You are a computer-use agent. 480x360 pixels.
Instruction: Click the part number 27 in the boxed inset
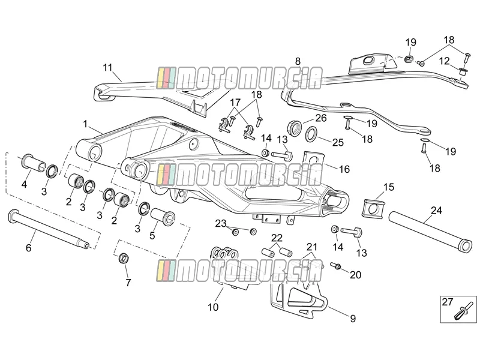447,302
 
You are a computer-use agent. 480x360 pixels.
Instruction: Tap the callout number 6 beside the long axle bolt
28,247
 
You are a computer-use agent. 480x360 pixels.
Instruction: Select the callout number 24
437,211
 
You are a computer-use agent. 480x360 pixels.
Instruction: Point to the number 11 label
108,67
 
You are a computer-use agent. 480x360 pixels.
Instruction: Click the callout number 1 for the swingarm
85,124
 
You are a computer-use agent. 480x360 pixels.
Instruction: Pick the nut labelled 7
124,258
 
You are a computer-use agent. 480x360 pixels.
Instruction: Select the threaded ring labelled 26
295,128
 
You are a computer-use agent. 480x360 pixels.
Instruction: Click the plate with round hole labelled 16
314,161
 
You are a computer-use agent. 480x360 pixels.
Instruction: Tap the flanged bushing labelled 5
162,217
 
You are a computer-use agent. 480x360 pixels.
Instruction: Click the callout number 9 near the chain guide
353,319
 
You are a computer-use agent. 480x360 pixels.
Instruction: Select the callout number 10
213,307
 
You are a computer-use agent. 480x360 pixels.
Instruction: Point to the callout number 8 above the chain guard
298,61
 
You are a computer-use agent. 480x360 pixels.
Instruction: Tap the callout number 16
344,169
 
